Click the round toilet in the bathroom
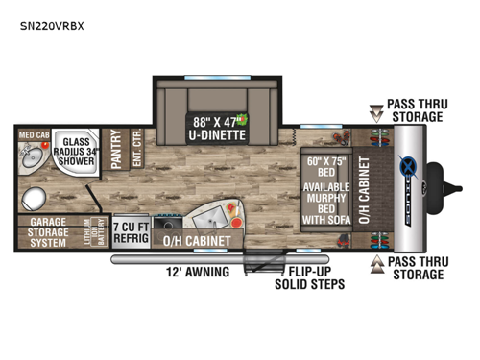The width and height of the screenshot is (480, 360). [36, 199]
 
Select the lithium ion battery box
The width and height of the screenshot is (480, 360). [97, 230]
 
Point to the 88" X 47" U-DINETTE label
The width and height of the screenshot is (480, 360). [216, 129]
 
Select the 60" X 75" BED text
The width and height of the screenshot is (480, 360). [329, 165]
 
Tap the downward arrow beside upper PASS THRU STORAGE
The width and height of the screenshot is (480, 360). [376, 109]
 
